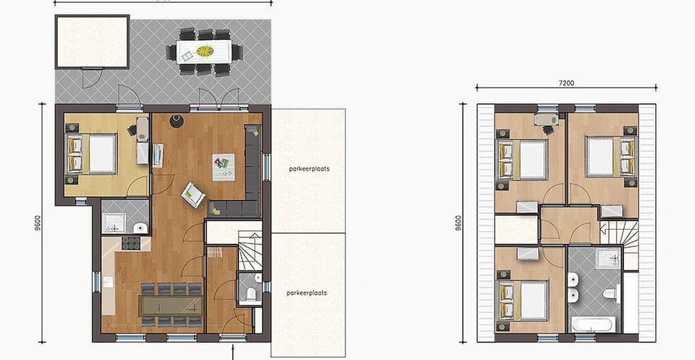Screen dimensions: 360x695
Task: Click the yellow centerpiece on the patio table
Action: (x=205, y=51)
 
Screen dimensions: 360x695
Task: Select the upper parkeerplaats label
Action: (x=308, y=168)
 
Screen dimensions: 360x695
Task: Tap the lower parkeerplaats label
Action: (x=307, y=293)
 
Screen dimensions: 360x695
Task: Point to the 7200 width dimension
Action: (x=567, y=83)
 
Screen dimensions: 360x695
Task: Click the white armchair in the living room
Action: (x=193, y=193)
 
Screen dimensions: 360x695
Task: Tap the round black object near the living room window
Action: (x=174, y=120)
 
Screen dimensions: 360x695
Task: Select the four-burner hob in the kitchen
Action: (x=131, y=243)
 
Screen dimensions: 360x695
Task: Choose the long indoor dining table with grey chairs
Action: (x=172, y=304)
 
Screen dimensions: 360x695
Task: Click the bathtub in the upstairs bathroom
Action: (x=594, y=323)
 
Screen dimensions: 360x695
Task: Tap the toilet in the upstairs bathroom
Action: (x=610, y=294)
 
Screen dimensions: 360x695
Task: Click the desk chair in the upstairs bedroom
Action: (x=548, y=129)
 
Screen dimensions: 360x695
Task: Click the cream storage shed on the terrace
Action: (x=91, y=41)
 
